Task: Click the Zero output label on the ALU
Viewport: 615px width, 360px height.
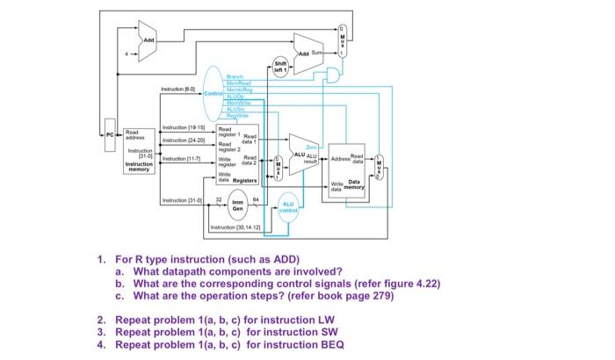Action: (x=311, y=148)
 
